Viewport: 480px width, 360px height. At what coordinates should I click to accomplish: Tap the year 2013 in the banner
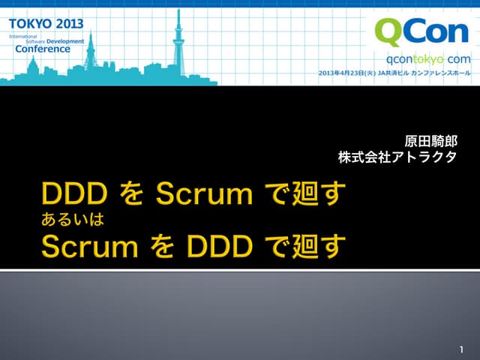pyautogui.click(x=67, y=23)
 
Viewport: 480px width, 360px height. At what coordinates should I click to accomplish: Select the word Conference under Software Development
pyautogui.click(x=43, y=49)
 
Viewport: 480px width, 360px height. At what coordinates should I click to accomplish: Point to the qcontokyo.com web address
pyautogui.click(x=428, y=59)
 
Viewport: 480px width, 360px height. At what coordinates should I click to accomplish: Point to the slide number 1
pyautogui.click(x=461, y=349)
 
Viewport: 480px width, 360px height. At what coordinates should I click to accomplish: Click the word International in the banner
pyautogui.click(x=22, y=35)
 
